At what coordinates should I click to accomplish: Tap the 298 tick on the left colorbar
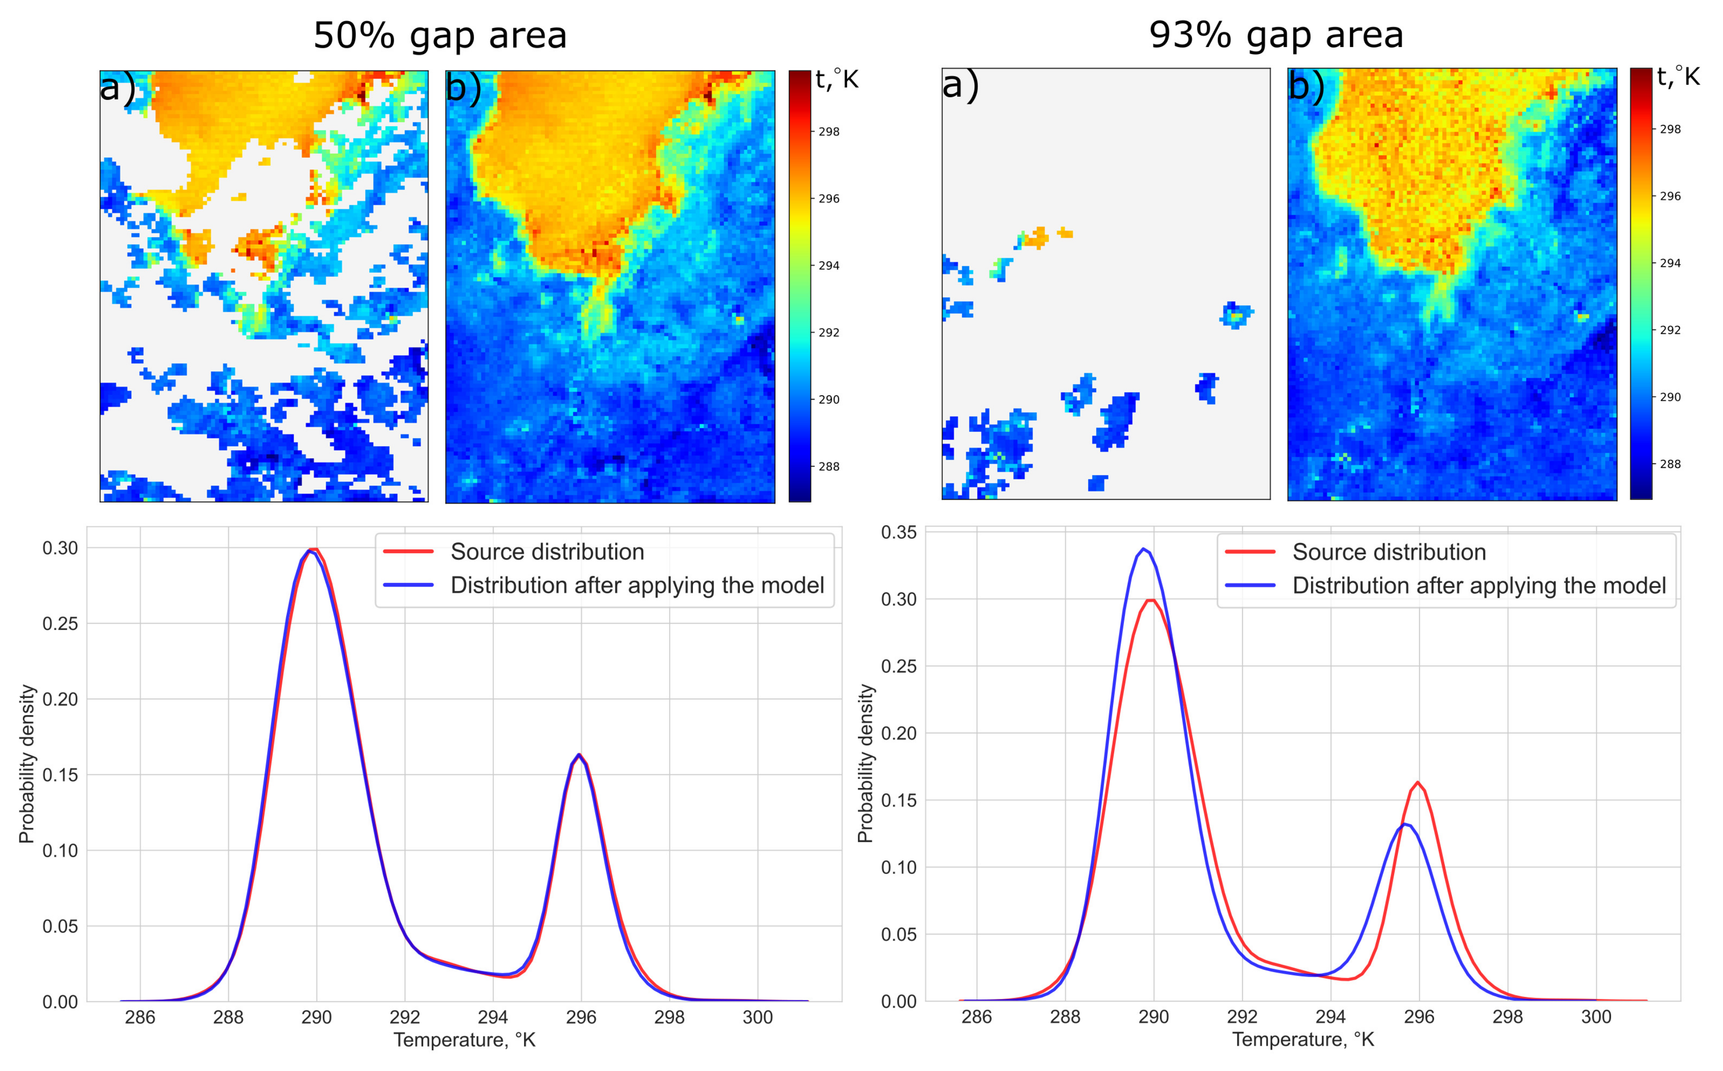[x=829, y=132]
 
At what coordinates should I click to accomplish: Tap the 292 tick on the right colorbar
[x=1670, y=330]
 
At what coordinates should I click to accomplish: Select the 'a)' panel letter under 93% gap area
[x=961, y=86]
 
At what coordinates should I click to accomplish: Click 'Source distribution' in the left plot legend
[x=547, y=552]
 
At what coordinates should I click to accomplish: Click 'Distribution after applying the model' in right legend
[x=1479, y=586]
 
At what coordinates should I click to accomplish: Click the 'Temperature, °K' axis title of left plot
[x=464, y=1040]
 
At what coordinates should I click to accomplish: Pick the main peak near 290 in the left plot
[x=312, y=549]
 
